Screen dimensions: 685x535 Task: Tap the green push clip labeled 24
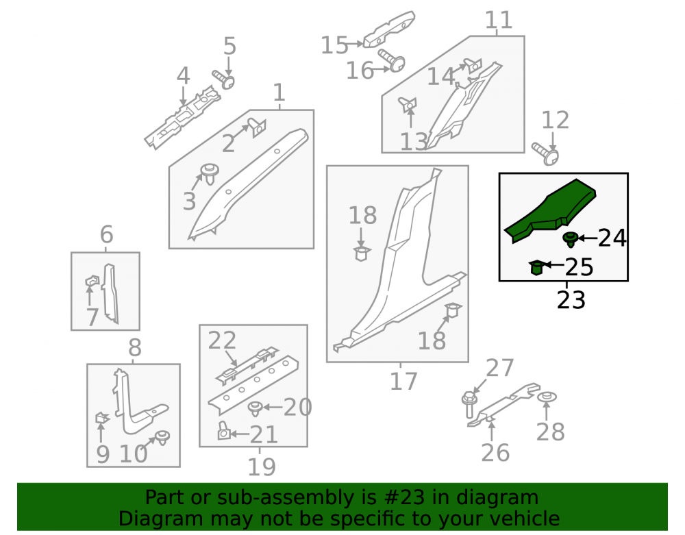(x=570, y=239)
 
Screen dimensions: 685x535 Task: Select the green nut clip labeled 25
(x=536, y=268)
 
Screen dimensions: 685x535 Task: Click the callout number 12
(x=556, y=120)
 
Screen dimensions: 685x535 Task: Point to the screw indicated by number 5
(x=224, y=79)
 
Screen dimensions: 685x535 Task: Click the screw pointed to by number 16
(x=392, y=60)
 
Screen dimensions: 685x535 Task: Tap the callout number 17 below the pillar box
(x=403, y=382)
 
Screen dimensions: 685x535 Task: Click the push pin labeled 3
(x=209, y=174)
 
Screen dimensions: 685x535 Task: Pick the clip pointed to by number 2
(x=258, y=127)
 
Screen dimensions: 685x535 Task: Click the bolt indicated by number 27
(x=469, y=404)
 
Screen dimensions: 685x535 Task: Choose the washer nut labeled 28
(x=546, y=398)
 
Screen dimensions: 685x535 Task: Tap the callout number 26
(x=495, y=453)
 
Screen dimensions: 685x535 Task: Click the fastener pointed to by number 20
(x=255, y=408)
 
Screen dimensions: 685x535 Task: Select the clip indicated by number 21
(x=224, y=431)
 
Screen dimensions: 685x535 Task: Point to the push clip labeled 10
(x=163, y=437)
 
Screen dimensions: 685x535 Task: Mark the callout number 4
(x=183, y=76)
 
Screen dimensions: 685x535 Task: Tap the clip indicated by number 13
(x=408, y=105)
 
